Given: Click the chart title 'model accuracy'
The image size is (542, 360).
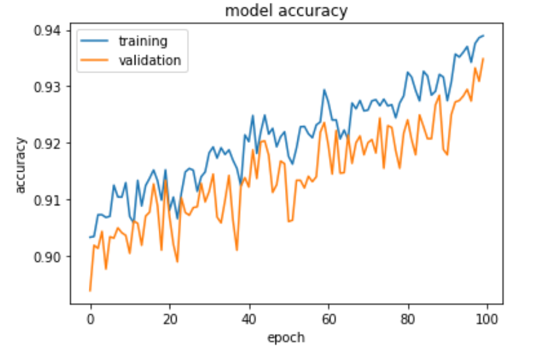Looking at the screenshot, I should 286,11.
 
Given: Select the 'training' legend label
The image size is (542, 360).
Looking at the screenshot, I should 143,41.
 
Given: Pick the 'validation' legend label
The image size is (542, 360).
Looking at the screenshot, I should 150,60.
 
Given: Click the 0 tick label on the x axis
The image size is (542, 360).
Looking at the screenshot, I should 90,319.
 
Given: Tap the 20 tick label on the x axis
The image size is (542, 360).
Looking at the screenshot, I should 170,319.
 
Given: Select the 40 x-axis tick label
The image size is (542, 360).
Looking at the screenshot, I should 249,319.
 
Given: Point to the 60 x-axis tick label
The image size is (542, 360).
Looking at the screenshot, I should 329,319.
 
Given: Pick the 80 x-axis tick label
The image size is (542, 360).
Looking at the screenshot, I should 408,319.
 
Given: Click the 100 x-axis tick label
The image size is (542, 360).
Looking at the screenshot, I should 488,319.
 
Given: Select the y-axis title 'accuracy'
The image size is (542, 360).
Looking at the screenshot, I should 21,165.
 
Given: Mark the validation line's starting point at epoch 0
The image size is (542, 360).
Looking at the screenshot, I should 90,290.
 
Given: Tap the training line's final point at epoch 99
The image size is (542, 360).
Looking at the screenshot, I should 484,35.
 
